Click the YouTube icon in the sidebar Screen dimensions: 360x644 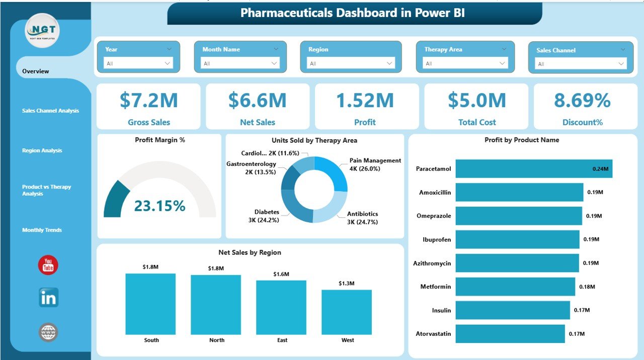click(48, 265)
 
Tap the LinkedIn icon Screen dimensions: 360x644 click(48, 298)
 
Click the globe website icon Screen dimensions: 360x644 click(48, 332)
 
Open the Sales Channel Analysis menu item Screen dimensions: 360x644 click(50, 111)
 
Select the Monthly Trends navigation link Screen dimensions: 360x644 click(42, 230)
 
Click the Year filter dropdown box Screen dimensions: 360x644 click(138, 63)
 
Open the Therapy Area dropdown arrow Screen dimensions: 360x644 click(502, 63)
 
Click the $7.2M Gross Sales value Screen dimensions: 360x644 click(148, 101)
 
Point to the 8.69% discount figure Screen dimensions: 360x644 click(582, 101)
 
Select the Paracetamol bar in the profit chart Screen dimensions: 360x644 click(533, 169)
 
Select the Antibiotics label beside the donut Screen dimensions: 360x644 click(362, 214)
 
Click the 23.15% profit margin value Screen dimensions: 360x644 click(159, 205)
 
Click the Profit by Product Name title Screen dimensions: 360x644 click(522, 140)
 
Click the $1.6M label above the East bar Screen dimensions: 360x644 click(282, 274)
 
